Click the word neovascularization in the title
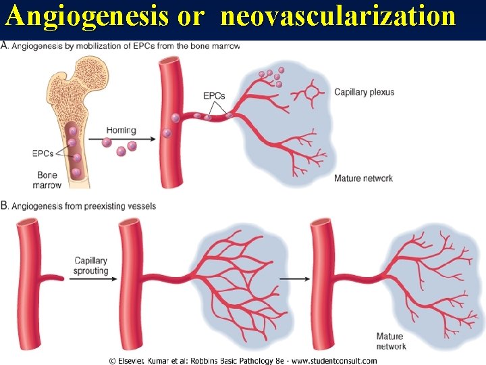coord(337,16)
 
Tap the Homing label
coord(121,130)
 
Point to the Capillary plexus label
coord(364,92)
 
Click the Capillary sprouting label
coord(91,266)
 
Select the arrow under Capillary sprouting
coord(90,278)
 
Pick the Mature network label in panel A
coord(363,178)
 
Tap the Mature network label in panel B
coord(390,341)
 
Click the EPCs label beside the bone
coord(43,153)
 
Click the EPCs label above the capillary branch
coord(214,96)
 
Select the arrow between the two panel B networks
coord(291,278)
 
